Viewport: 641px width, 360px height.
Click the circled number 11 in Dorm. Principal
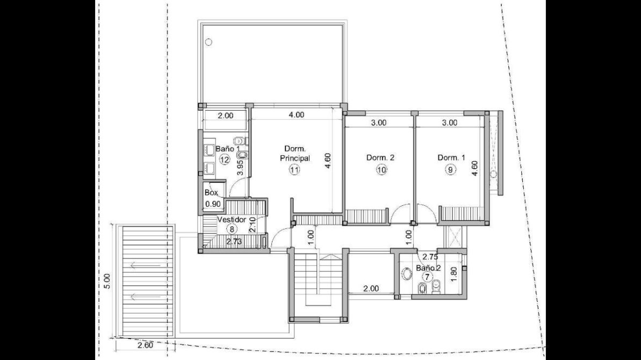coord(294,170)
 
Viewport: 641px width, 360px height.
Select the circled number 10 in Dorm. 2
coord(381,170)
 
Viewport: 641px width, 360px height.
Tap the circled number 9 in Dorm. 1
coord(450,170)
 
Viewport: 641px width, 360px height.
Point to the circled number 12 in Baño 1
coord(225,160)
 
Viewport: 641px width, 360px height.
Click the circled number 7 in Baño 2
coord(427,277)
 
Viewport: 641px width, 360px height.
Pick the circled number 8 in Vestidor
coord(232,229)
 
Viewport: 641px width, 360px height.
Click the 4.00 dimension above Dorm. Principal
coord(297,115)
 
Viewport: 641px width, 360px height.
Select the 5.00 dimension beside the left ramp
coord(107,281)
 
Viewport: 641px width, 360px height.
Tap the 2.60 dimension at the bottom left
coord(145,345)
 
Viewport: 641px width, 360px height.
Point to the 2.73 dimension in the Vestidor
coord(234,241)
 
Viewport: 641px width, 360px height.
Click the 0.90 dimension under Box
coord(213,204)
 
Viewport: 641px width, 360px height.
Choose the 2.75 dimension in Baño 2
coord(430,257)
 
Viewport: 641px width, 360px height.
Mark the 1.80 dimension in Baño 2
coord(453,274)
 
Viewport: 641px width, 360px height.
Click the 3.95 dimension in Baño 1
coord(241,168)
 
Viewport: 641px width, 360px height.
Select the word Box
coord(211,192)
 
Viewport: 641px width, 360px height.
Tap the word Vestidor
coord(232,220)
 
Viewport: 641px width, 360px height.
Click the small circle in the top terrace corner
coord(208,42)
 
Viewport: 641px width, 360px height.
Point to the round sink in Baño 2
coord(407,274)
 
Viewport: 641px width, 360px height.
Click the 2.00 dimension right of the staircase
coord(371,289)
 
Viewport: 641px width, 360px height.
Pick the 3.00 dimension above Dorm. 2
coord(379,123)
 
